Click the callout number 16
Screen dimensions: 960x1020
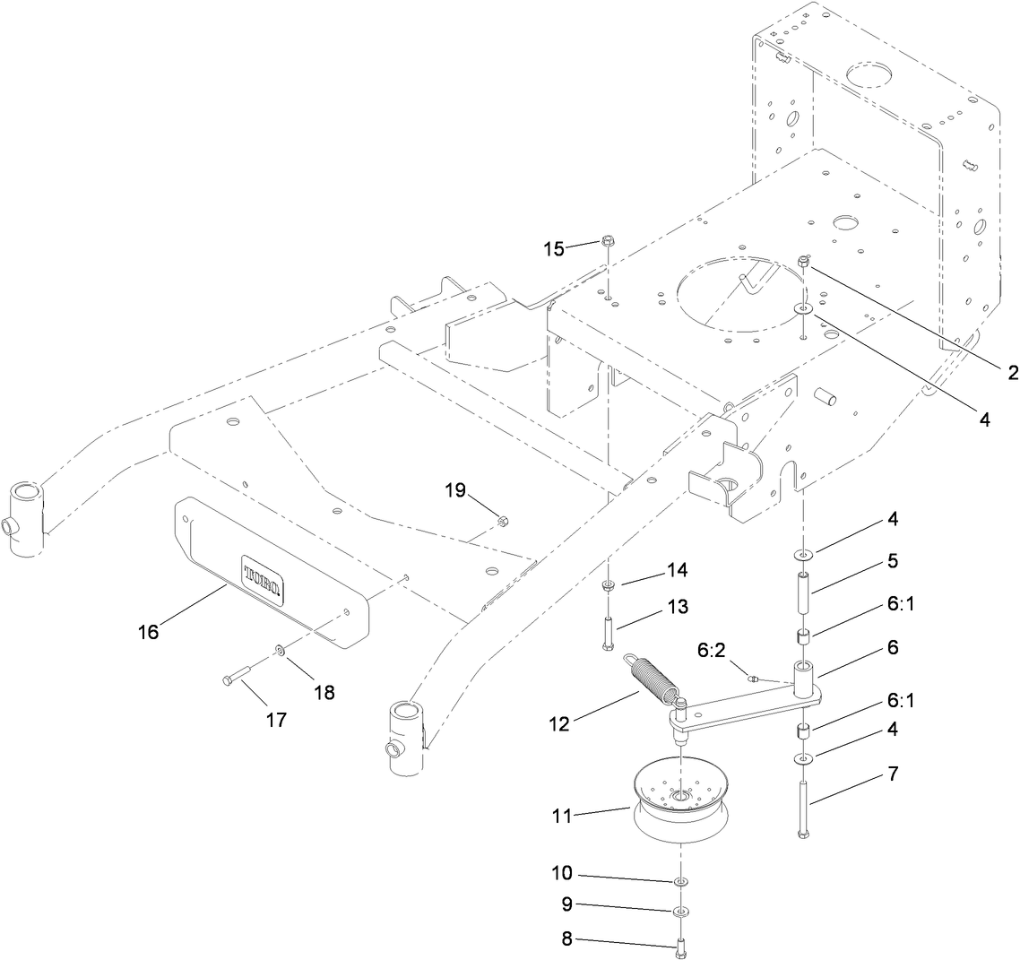point(148,632)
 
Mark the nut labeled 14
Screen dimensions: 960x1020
point(608,585)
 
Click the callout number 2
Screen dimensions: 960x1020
point(1013,373)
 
